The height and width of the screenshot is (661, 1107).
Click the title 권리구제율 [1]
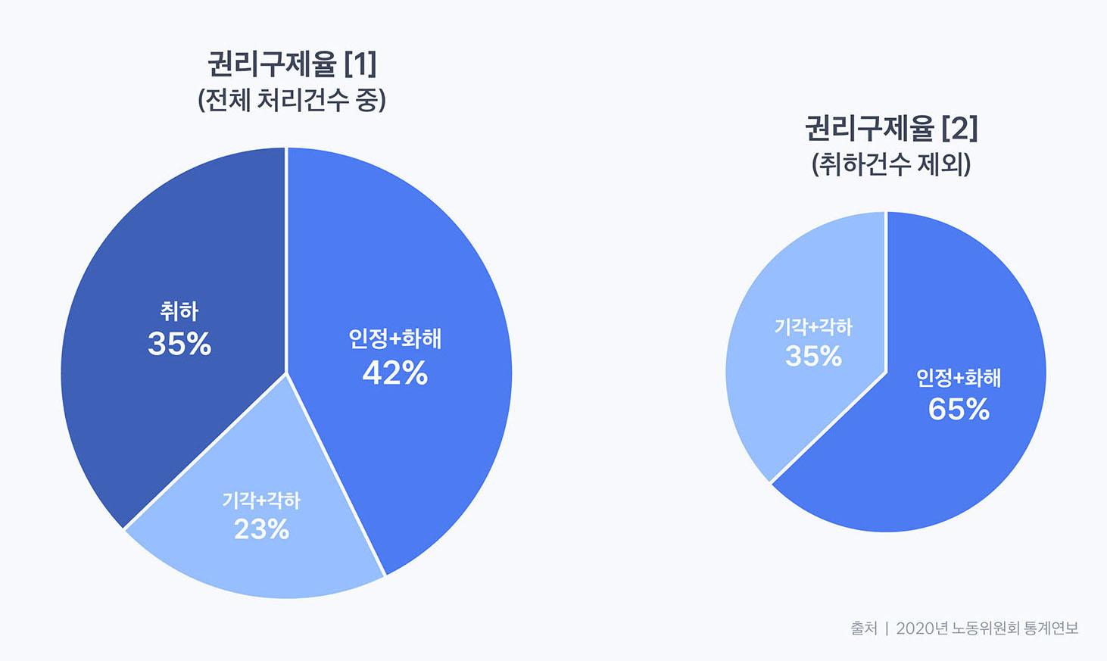[x=292, y=64]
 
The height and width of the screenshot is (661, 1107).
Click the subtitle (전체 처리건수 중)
[x=292, y=100]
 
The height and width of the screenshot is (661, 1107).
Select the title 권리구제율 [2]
[x=891, y=129]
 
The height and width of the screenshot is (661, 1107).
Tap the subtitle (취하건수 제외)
[x=891, y=164]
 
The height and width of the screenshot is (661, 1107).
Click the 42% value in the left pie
[x=394, y=373]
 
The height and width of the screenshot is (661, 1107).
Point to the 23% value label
[x=261, y=529]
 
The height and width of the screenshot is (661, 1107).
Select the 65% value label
[x=959, y=410]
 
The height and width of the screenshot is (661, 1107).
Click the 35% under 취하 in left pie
[x=179, y=345]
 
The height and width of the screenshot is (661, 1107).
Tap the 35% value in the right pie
[x=813, y=356]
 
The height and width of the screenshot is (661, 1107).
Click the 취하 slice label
[x=179, y=311]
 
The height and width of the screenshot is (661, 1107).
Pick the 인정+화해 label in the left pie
[x=394, y=338]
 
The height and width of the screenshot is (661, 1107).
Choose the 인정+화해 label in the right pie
[x=959, y=377]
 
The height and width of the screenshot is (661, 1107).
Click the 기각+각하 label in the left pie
[x=261, y=500]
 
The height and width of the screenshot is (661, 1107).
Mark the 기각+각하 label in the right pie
[x=813, y=327]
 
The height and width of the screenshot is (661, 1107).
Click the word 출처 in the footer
[x=863, y=628]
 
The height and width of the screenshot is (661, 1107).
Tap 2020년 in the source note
[x=921, y=628]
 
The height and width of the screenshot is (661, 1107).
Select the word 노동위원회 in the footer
[x=985, y=628]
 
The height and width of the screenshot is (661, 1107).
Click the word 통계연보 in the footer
[x=1051, y=628]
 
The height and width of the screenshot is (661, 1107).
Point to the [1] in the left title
[x=360, y=64]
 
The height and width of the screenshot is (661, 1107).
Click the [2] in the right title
[x=959, y=129]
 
